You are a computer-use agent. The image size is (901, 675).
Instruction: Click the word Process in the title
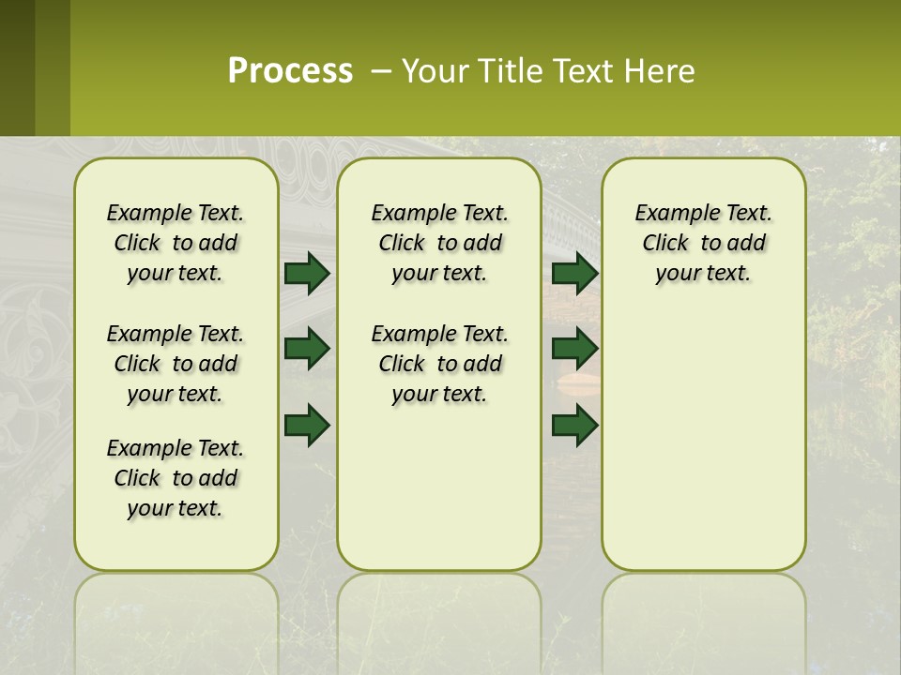click(290, 71)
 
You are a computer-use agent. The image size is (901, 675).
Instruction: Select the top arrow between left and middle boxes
click(307, 274)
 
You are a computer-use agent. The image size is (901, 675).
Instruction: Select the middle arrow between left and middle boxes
click(307, 349)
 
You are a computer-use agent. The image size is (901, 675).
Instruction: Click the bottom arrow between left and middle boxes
click(307, 425)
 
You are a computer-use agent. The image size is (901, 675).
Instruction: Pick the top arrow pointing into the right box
click(574, 274)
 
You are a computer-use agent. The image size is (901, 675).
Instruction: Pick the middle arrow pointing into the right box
click(574, 349)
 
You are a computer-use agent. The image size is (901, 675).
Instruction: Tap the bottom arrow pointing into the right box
click(574, 425)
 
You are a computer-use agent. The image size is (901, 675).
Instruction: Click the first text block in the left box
click(176, 243)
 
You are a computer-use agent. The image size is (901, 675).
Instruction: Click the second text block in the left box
click(176, 364)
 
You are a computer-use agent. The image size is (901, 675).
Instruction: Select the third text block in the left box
click(176, 478)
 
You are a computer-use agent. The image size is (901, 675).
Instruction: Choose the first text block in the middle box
click(440, 243)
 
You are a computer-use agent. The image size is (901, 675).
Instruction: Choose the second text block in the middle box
click(440, 364)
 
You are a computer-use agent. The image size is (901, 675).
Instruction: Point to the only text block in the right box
click(704, 243)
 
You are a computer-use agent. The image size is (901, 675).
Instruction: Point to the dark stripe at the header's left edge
click(17, 67)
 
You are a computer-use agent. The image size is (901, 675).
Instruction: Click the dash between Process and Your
click(381, 71)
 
